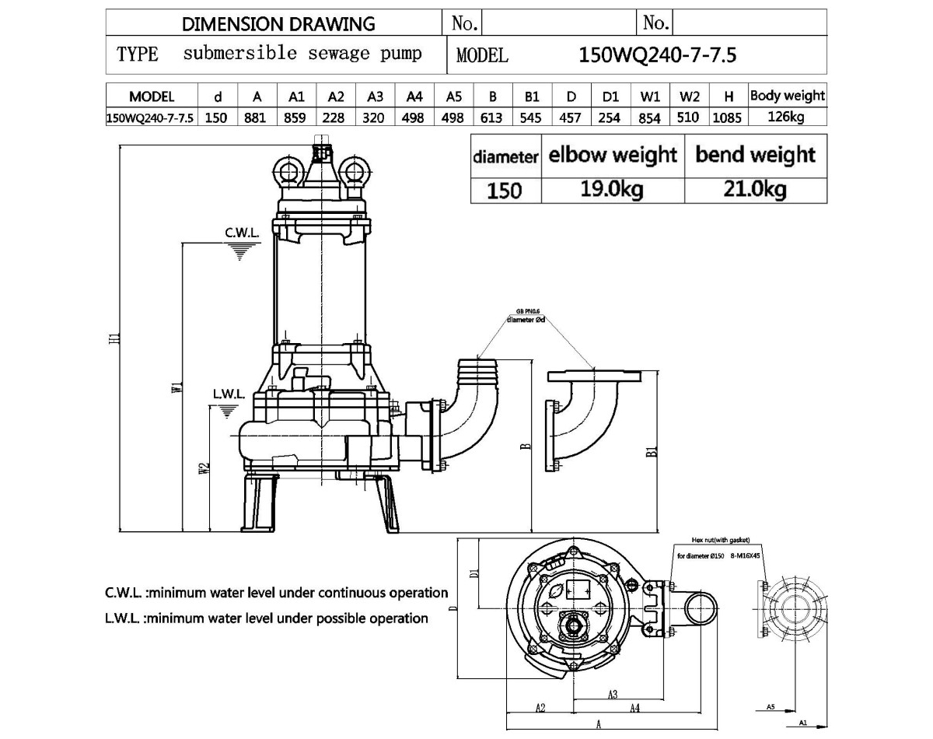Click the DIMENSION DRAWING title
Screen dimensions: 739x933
click(278, 23)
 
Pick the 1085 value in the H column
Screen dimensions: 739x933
click(729, 117)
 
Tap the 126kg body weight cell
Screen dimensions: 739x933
click(787, 117)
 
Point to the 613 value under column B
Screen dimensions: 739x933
click(493, 117)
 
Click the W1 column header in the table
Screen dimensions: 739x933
click(650, 97)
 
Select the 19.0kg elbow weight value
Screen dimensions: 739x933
click(612, 190)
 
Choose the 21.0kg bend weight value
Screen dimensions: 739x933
click(755, 190)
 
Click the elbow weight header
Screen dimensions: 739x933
click(613, 154)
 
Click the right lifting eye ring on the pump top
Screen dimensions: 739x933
click(355, 170)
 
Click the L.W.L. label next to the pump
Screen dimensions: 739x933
click(229, 394)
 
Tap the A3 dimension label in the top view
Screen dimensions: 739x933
click(613, 694)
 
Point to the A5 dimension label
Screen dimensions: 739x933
click(770, 706)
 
